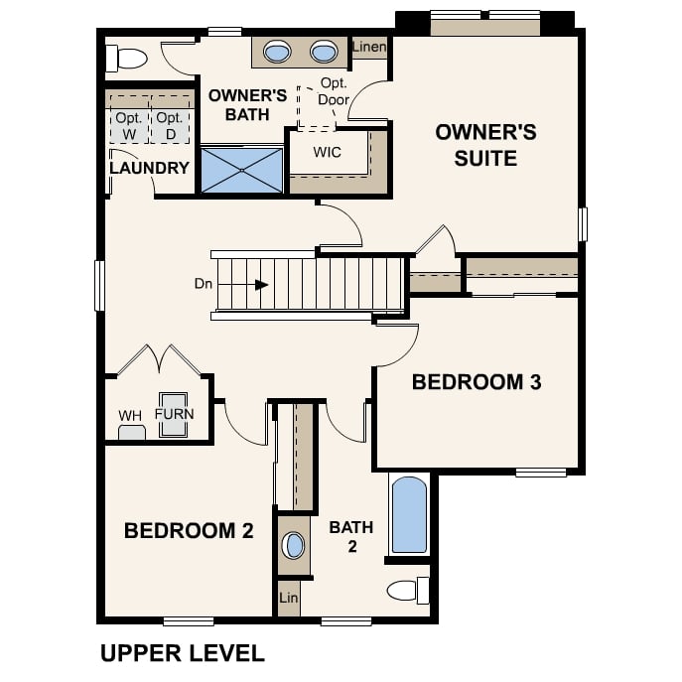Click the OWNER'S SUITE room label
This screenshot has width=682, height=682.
coord(485,145)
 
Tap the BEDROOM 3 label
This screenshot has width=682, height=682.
coord(477,381)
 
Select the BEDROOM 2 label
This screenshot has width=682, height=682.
coord(189,530)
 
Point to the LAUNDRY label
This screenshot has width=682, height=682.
coord(149,168)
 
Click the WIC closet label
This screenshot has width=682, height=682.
coord(328,153)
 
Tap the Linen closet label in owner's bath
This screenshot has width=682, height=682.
coord(369,47)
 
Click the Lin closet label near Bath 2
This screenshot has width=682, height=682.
coord(288,598)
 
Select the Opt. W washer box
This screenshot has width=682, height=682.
coord(127,125)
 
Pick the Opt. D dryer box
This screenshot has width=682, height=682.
coord(170,125)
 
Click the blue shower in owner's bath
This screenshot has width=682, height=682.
coord(242,170)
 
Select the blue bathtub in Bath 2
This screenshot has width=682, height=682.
coord(409,514)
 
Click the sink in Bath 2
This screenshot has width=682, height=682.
coord(295,545)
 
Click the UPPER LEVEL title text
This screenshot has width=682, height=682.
coord(182,652)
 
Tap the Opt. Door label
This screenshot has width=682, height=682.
coord(334,91)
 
